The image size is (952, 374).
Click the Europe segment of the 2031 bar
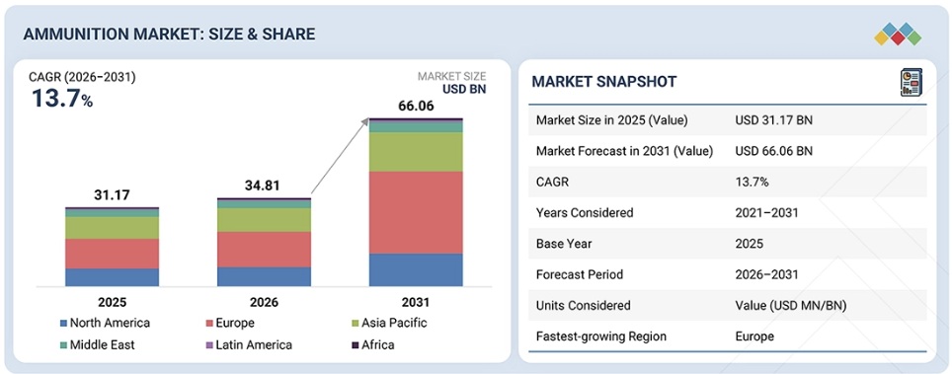(416, 212)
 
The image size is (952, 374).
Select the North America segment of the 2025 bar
(113, 277)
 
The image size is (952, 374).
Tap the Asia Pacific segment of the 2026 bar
(264, 220)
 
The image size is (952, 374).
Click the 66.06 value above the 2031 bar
(416, 107)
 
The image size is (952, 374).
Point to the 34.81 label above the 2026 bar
(263, 187)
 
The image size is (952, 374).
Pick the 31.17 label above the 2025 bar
(112, 195)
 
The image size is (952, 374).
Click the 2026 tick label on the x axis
(264, 302)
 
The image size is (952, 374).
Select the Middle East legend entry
(98, 344)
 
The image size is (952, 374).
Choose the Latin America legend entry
(250, 344)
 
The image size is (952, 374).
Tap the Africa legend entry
(372, 344)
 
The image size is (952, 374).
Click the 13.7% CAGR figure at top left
(61, 99)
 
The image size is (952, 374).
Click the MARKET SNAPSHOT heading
(604, 82)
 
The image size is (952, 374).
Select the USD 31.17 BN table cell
(773, 120)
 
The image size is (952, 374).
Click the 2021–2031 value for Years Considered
(766, 212)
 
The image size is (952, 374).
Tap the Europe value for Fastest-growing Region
(754, 336)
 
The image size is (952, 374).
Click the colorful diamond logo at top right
(898, 34)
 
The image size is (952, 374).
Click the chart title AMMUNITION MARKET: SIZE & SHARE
(169, 34)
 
